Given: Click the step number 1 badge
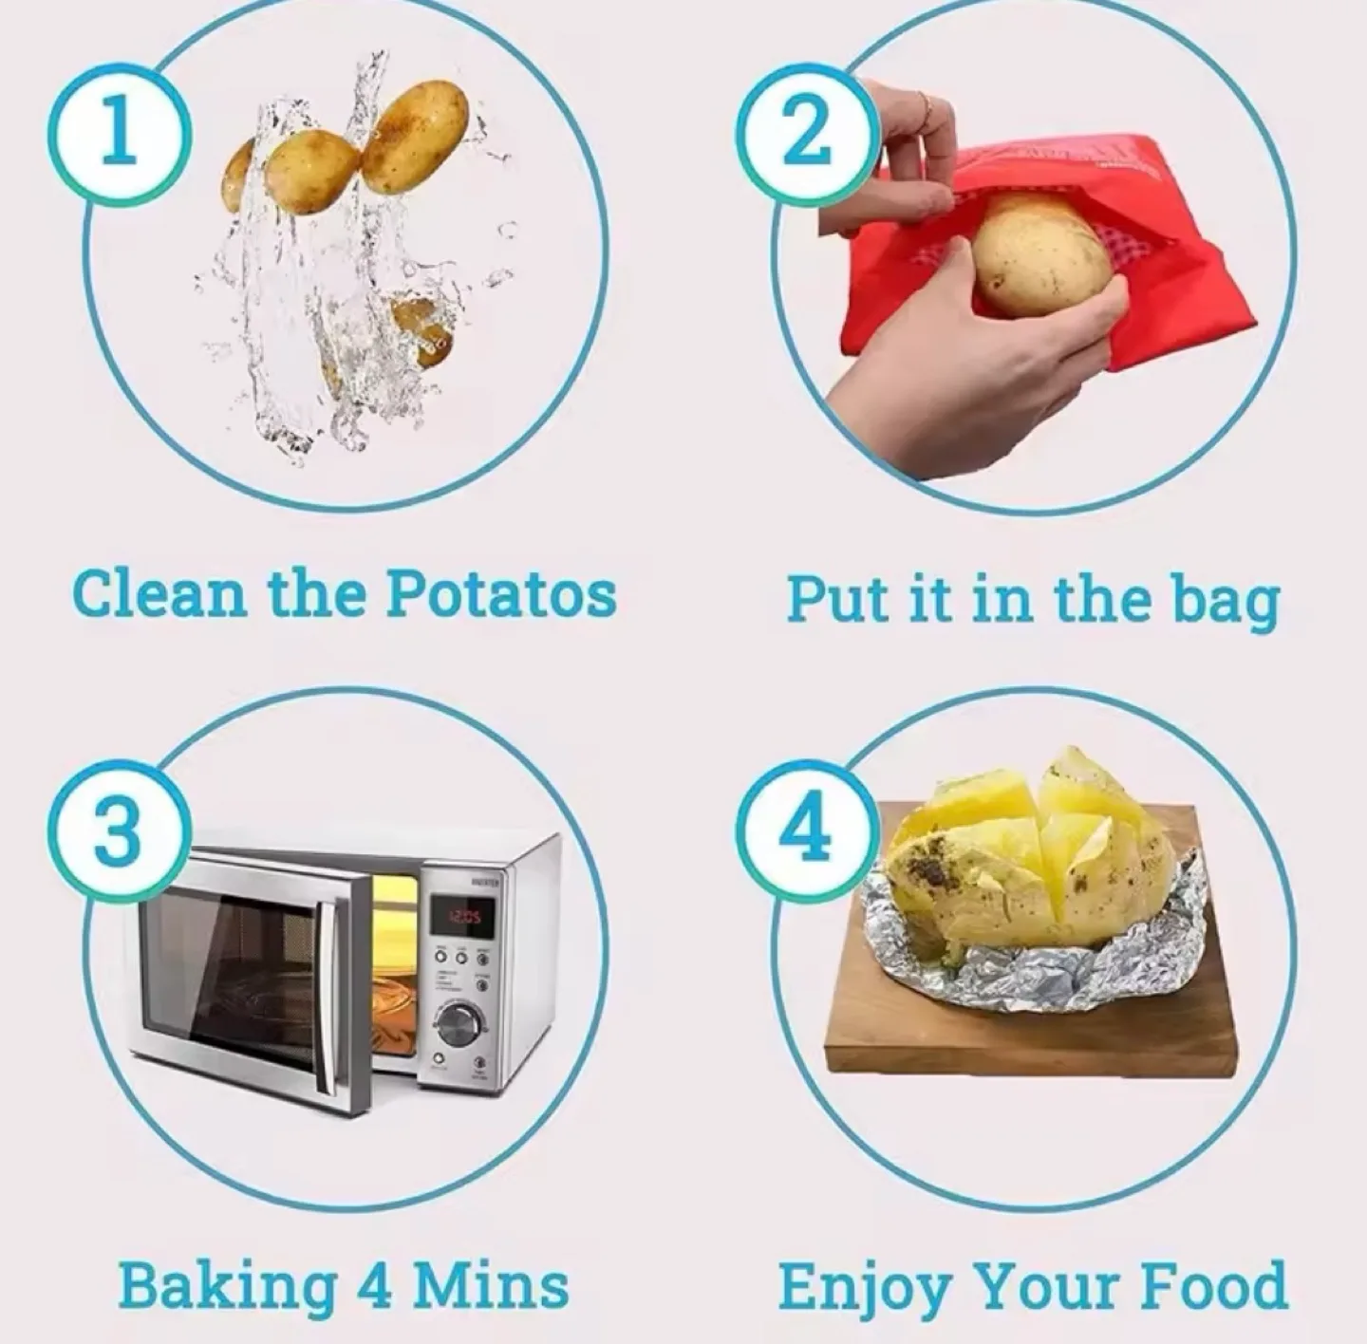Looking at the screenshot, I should click(118, 134).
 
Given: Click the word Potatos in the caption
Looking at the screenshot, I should click(500, 594).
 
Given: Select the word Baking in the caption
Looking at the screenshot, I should click(228, 1288).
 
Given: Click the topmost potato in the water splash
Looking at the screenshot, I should click(415, 135).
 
